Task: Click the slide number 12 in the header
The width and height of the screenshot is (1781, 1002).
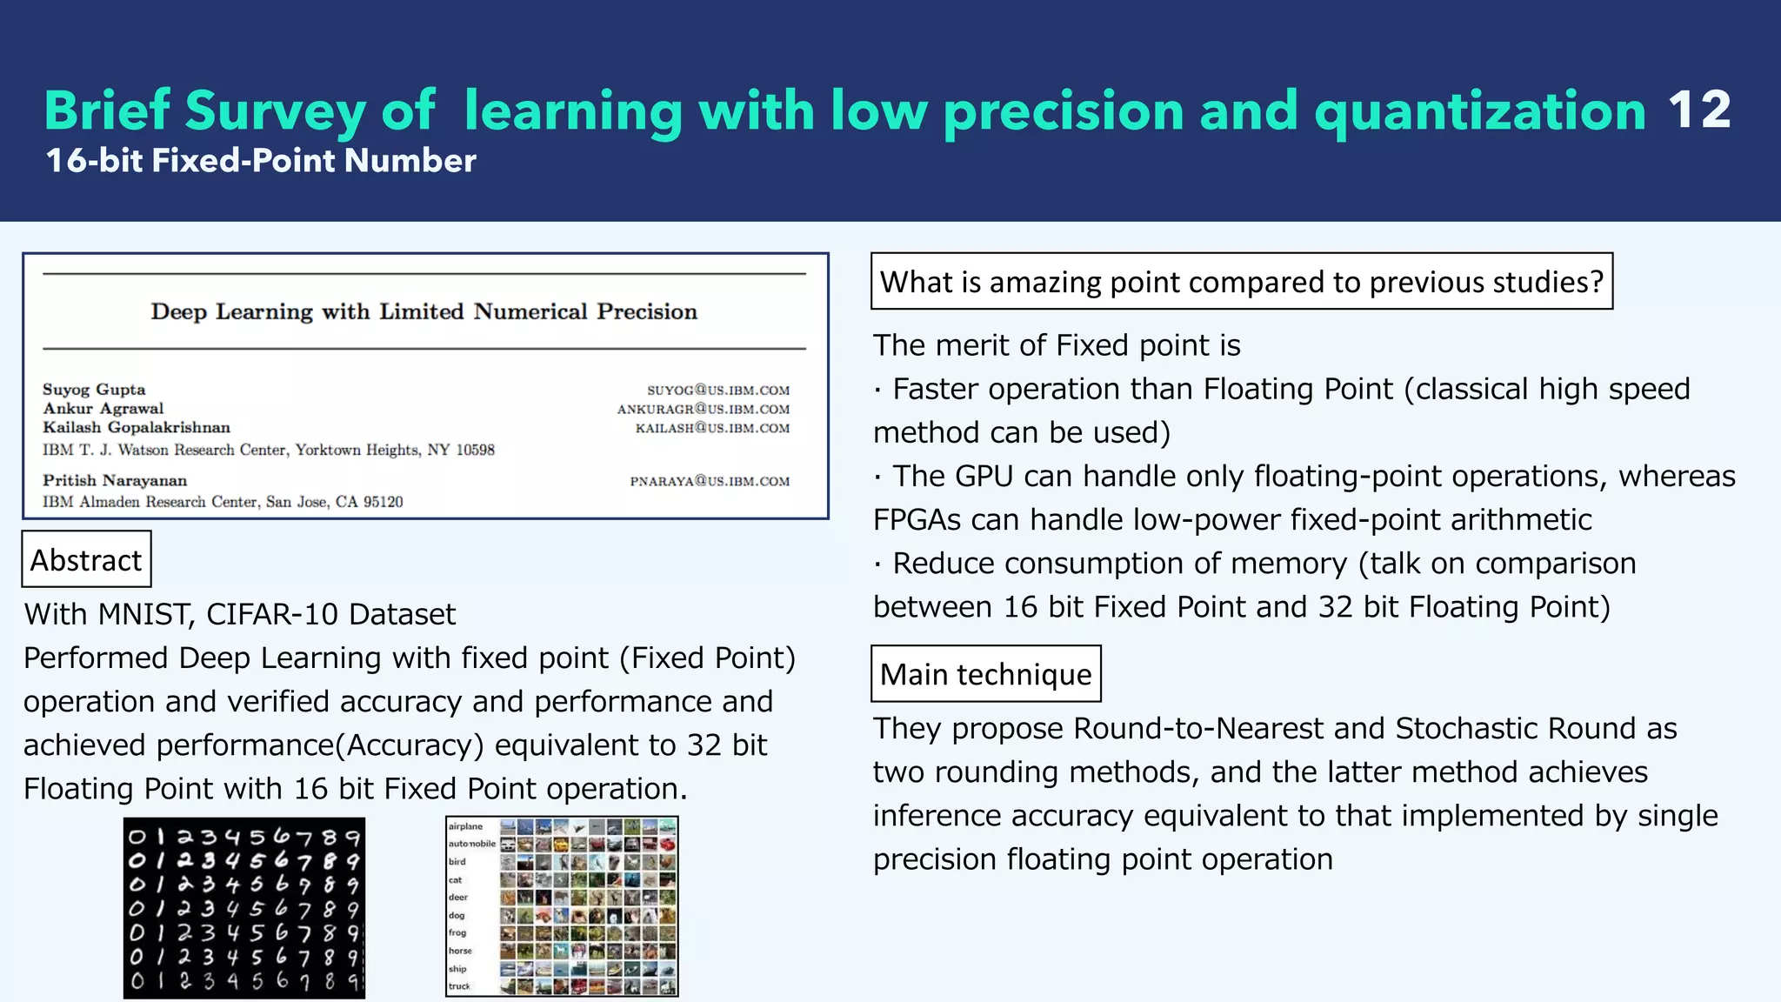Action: pos(1698,110)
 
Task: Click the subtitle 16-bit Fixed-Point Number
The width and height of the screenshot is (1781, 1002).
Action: pos(261,161)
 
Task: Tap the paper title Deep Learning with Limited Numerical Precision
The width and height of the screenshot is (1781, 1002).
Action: pos(424,311)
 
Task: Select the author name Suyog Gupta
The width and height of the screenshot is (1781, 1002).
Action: pos(94,390)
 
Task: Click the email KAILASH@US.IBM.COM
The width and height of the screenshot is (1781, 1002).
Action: pos(712,428)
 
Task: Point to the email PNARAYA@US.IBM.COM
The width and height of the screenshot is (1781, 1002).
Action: pos(710,481)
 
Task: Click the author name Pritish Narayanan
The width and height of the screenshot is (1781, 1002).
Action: pos(115,480)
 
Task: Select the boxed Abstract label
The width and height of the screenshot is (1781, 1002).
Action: pos(86,559)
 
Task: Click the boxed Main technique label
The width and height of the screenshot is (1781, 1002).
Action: pos(985,674)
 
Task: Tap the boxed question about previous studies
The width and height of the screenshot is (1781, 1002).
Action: pos(1241,282)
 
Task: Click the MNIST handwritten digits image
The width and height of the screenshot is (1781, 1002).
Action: pos(244,907)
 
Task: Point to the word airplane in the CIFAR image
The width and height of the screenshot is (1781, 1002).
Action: pos(466,826)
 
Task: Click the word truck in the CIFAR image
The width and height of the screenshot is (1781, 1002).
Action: pos(459,986)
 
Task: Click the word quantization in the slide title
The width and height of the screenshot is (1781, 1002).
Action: pos(1480,110)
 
